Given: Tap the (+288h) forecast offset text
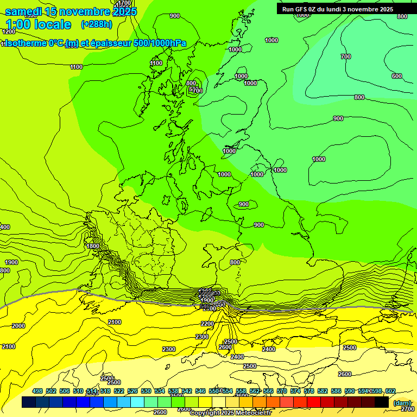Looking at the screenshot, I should click(x=96, y=24).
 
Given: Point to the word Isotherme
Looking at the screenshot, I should click(x=25, y=43).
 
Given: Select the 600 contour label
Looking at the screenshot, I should click(x=397, y=76).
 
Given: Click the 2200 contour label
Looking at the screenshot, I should click(x=207, y=324).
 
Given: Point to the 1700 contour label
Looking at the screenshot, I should click(x=124, y=3).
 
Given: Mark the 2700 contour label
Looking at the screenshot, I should click(x=407, y=408).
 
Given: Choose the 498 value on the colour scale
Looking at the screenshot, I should click(x=37, y=391).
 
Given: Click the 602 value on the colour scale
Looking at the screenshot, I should click(x=390, y=391).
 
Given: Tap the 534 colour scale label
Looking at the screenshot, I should click(x=160, y=391).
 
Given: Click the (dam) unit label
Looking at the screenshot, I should click(x=401, y=402).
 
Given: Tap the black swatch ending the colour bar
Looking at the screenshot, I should click(x=382, y=402).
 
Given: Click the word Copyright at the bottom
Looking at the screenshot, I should click(x=205, y=413).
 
